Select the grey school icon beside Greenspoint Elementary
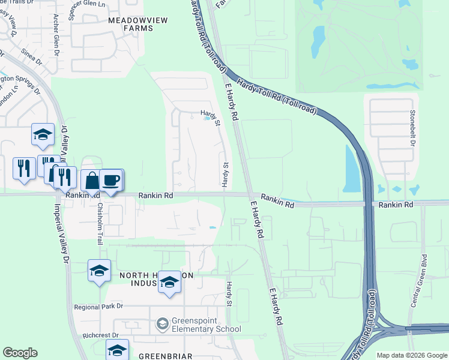pos(162,325)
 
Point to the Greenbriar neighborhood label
pos(165,355)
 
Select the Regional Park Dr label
pos(98,306)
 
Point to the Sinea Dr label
pos(31,57)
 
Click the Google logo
pos(20,353)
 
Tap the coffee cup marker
pos(110,180)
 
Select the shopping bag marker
pos(92,181)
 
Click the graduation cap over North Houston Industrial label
pos(170,282)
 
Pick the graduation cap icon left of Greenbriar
pos(117,350)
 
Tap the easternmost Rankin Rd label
pos(396,205)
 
